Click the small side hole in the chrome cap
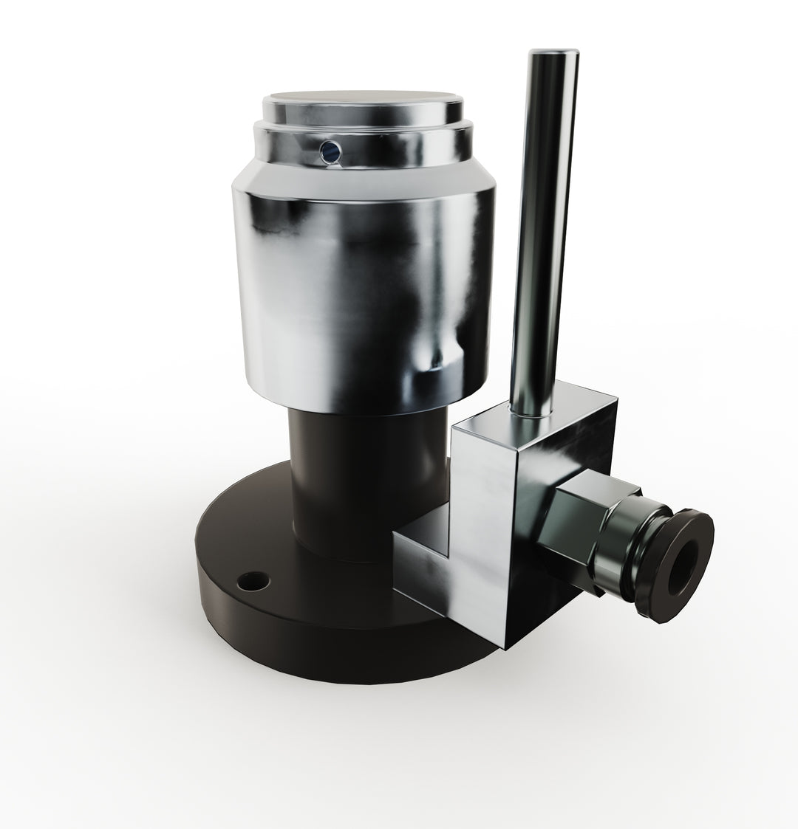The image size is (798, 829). [x=329, y=152]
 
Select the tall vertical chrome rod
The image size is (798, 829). [x=543, y=221]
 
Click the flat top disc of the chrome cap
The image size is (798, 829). [x=362, y=101]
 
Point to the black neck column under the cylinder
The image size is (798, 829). [x=355, y=480]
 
